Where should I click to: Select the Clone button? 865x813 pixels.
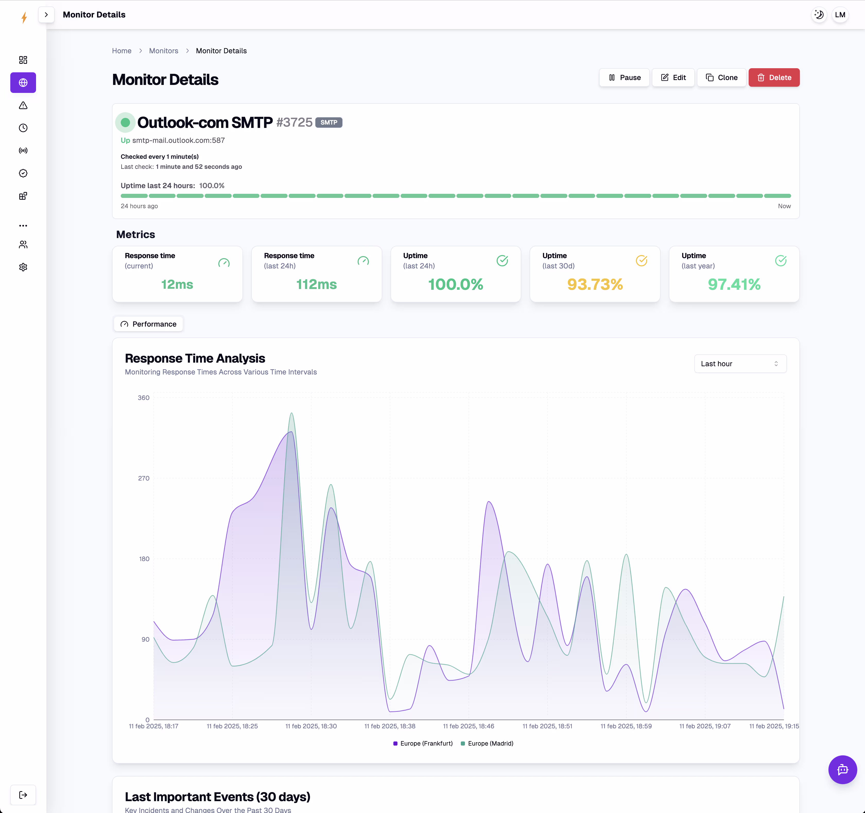721,77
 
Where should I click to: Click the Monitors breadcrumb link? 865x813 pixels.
163,51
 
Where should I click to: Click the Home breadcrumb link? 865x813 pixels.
122,51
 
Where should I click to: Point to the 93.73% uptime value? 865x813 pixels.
594,284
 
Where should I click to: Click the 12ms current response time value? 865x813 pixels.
177,284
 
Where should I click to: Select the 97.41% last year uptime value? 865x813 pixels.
734,284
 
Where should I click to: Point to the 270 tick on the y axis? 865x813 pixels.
144,478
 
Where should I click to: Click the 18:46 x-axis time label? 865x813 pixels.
468,726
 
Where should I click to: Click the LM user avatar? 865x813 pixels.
840,15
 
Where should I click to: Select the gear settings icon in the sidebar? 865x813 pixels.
23,267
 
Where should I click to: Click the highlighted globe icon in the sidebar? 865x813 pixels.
23,83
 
